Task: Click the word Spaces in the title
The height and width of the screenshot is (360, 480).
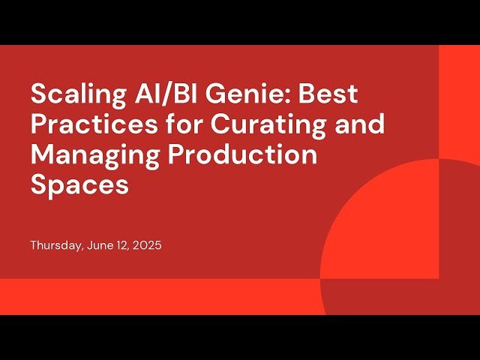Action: pyautogui.click(x=79, y=185)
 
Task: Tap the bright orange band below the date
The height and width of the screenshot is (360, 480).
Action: pyautogui.click(x=150, y=296)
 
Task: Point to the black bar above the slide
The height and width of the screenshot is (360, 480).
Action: pyautogui.click(x=240, y=22)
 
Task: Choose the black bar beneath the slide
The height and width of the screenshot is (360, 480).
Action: pyautogui.click(x=240, y=337)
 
